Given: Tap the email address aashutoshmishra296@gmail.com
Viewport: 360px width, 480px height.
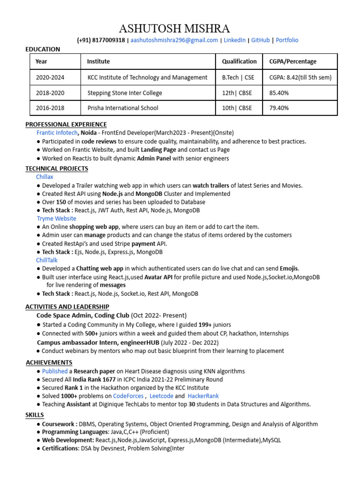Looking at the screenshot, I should tap(174, 40).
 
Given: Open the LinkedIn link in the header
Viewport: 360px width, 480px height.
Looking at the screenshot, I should tap(234, 40).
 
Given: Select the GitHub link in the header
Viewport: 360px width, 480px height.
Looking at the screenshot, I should tap(261, 40).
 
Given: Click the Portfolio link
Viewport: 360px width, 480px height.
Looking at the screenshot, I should tap(287, 40).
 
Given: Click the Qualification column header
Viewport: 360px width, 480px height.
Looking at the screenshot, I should tap(239, 61).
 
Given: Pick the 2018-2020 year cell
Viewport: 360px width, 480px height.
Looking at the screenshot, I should tap(50, 93).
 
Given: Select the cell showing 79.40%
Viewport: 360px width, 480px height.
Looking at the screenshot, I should tap(279, 108).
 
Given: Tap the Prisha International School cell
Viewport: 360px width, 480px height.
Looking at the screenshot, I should tap(123, 108).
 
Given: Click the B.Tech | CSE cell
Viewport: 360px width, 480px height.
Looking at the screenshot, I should tap(238, 77).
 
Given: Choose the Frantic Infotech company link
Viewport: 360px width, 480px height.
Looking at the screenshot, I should tap(57, 133).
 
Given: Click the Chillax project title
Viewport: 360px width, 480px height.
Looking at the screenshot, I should tap(45, 177).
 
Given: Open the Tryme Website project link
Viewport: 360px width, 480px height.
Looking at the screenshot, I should tap(56, 218).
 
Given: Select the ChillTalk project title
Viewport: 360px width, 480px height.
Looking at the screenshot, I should tap(47, 260).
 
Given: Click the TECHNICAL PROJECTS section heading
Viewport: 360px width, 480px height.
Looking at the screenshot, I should tap(57, 168).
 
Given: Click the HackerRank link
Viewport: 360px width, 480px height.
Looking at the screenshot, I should tap(203, 396).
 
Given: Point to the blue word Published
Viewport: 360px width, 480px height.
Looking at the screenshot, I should tap(55, 371).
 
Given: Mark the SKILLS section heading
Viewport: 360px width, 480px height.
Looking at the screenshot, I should tap(34, 415).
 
